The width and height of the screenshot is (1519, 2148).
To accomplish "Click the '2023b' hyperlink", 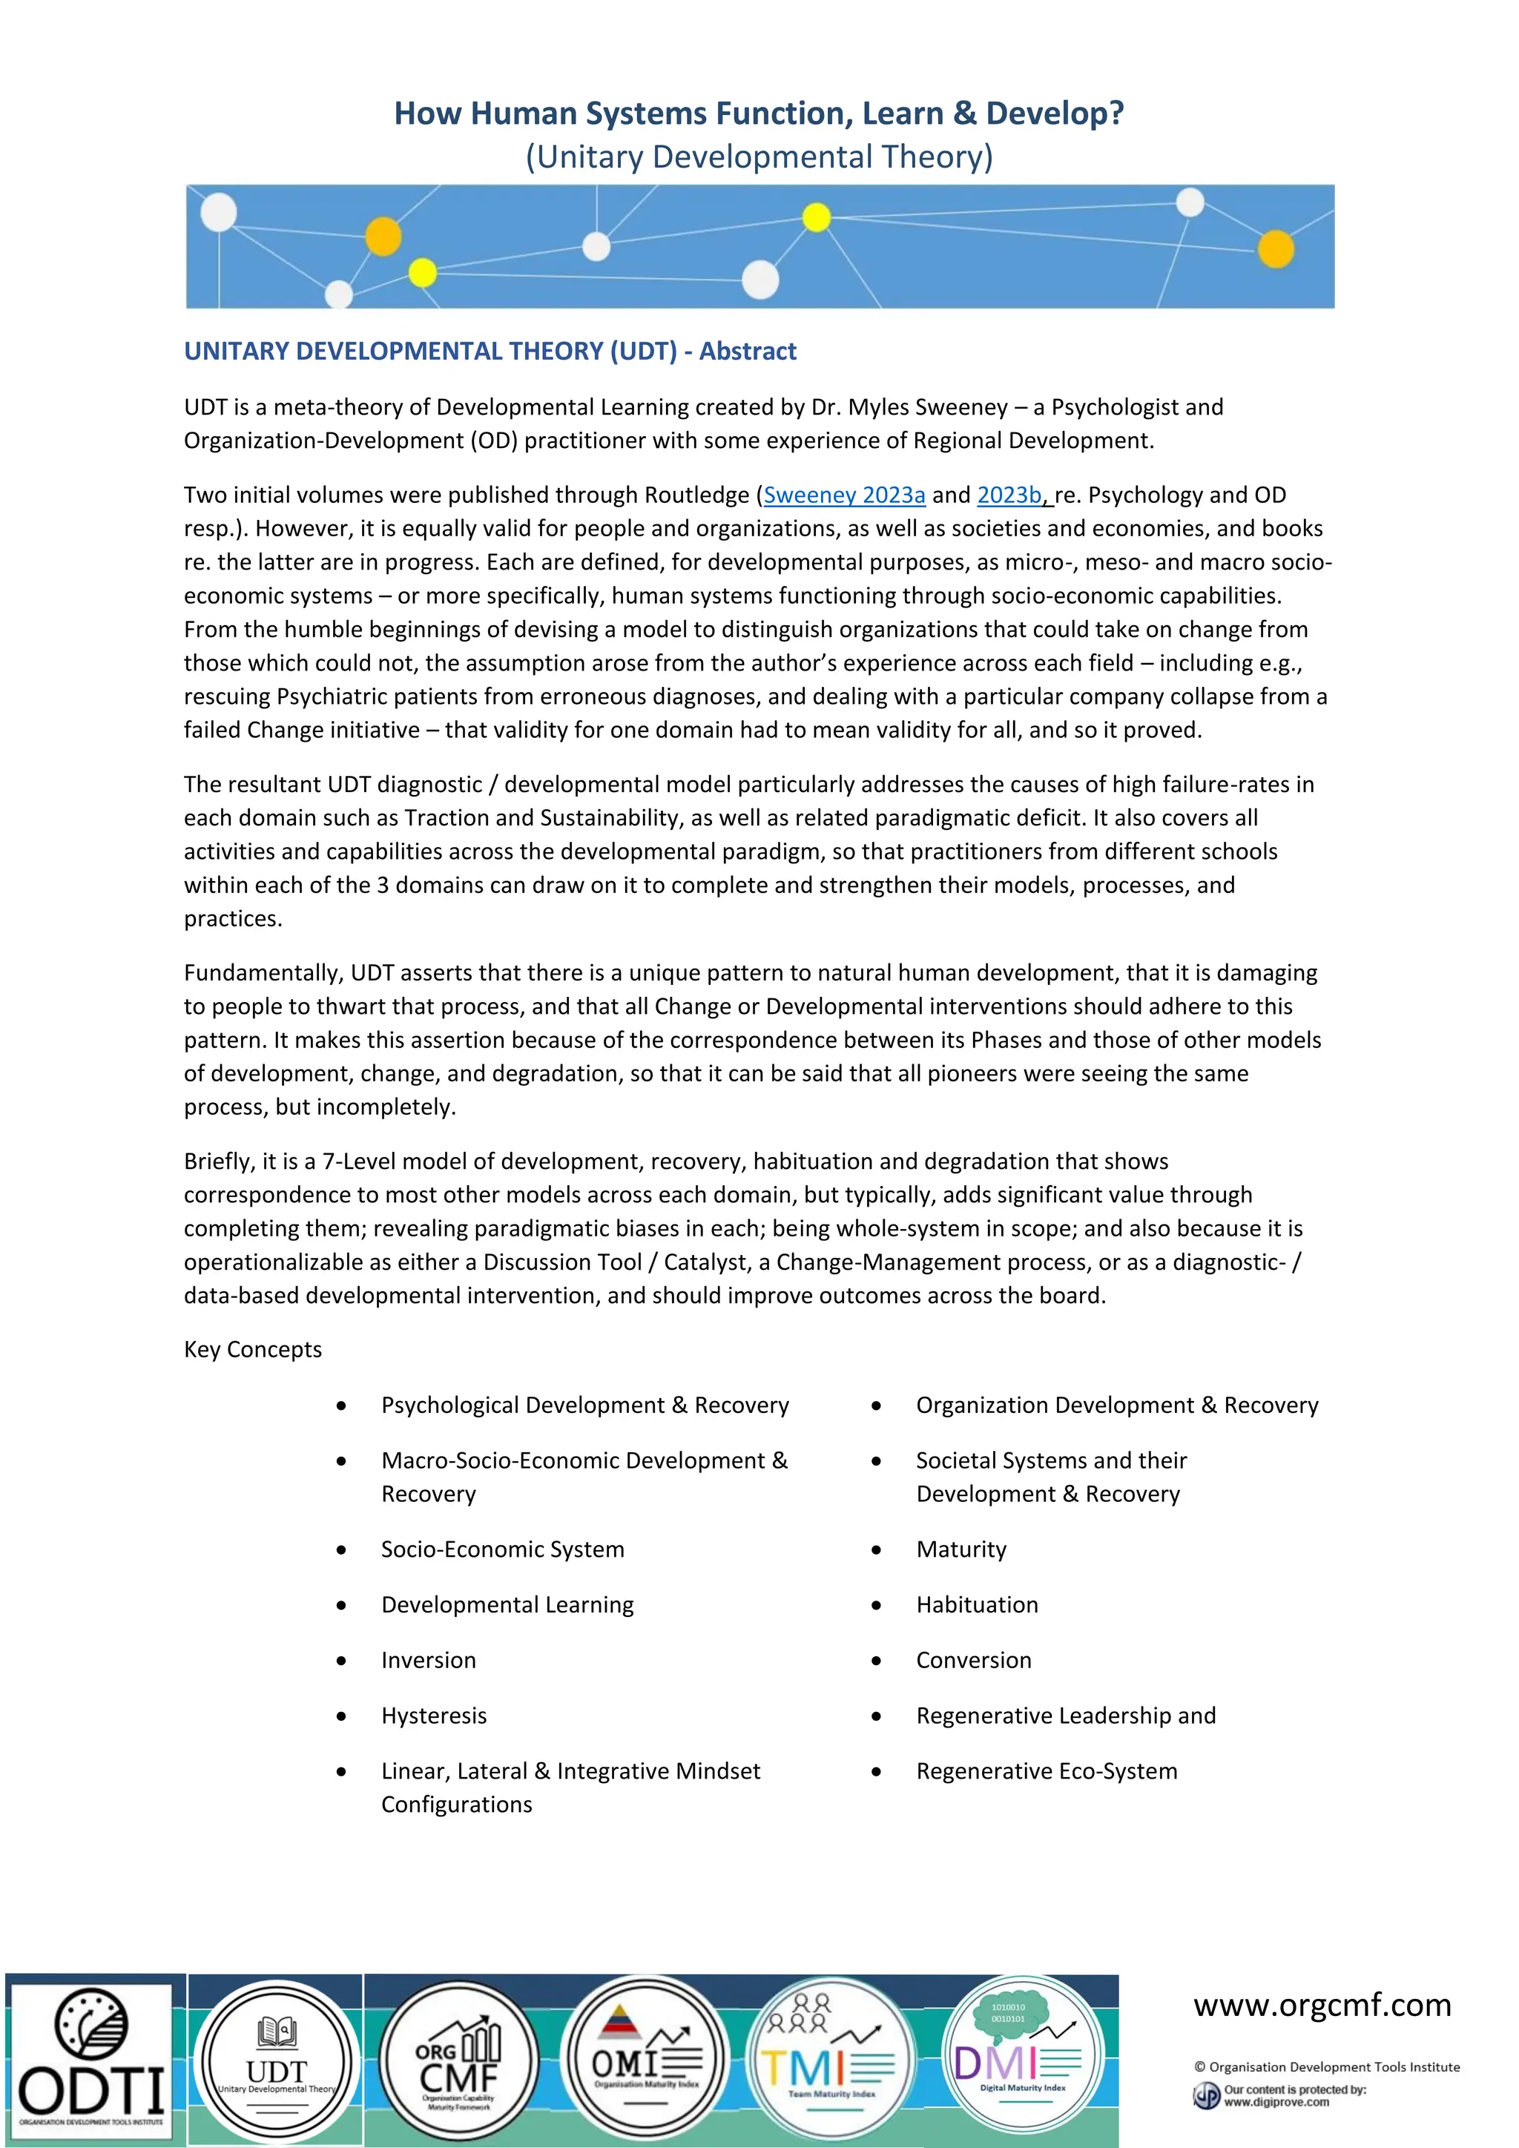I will (1008, 495).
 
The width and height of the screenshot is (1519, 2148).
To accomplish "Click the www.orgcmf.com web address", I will (1322, 2006).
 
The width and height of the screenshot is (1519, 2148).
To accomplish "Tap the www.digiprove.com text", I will (1276, 2102).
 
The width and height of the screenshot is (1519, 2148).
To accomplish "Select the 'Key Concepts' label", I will (252, 1349).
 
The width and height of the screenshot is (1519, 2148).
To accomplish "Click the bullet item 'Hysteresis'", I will (434, 1715).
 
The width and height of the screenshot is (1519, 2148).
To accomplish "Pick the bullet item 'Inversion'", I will (429, 1660).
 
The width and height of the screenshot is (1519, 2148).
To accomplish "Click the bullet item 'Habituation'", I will (977, 1604).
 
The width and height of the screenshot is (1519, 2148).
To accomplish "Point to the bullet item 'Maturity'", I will (961, 1549).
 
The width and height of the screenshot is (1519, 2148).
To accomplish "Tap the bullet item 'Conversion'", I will (973, 1660).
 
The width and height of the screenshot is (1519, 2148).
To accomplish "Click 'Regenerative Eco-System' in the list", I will (1046, 1771).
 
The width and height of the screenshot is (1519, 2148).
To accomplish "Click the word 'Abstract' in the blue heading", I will (748, 351).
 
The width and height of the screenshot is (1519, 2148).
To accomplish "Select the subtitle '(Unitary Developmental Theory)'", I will (759, 157).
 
